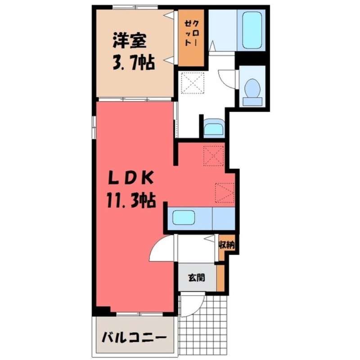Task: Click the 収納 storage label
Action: click(226, 245)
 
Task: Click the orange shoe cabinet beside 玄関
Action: click(220, 277)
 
